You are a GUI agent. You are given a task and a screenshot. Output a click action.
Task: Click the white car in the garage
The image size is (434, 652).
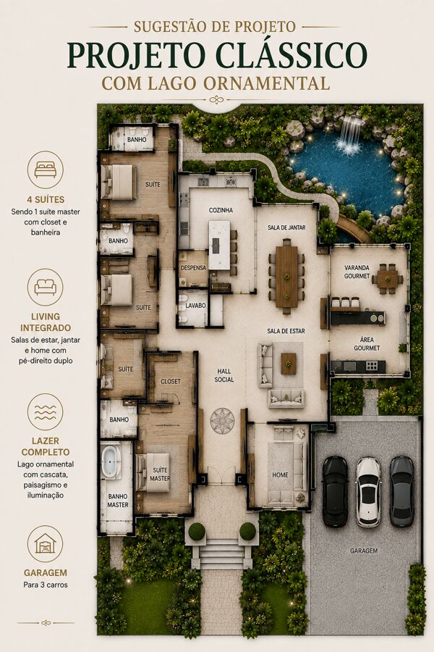pos(368,492)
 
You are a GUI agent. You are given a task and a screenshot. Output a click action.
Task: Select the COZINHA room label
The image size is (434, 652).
pos(221,210)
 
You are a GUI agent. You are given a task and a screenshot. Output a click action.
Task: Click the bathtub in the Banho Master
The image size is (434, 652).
pos(111,461)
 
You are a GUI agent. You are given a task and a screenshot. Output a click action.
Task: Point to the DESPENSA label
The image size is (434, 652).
pos(194,268)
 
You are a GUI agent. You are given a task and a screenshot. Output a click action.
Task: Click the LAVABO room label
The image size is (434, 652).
pos(195,306)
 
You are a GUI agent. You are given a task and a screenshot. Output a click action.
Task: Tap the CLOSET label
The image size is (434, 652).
pos(171,381)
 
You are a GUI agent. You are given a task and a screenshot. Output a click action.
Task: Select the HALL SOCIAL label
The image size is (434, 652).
pos(224,375)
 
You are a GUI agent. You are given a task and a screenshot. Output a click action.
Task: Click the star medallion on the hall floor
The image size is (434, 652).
pos(222,421)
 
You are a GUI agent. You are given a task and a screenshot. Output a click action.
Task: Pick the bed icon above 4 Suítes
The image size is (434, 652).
pos(46,170)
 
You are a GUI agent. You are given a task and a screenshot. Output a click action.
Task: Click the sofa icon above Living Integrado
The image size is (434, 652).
pos(46,287)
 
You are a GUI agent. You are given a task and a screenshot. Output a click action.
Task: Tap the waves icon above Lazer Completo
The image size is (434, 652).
pos(46,411)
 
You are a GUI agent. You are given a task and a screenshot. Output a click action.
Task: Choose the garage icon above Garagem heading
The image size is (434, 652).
pos(46,543)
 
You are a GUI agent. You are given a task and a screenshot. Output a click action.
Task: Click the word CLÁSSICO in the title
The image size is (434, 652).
pos(292,55)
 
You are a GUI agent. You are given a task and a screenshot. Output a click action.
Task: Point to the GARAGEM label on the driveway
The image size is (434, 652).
pos(364,551)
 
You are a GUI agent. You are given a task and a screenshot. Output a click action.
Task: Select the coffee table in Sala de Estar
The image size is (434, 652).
pos(289,364)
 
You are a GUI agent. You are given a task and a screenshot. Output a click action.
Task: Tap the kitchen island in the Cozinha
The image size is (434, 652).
pos(219,245)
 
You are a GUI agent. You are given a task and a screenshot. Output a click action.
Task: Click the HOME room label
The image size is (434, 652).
pos(281,475)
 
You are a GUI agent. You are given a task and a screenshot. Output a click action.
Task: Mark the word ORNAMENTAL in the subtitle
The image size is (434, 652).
pos(267,83)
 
